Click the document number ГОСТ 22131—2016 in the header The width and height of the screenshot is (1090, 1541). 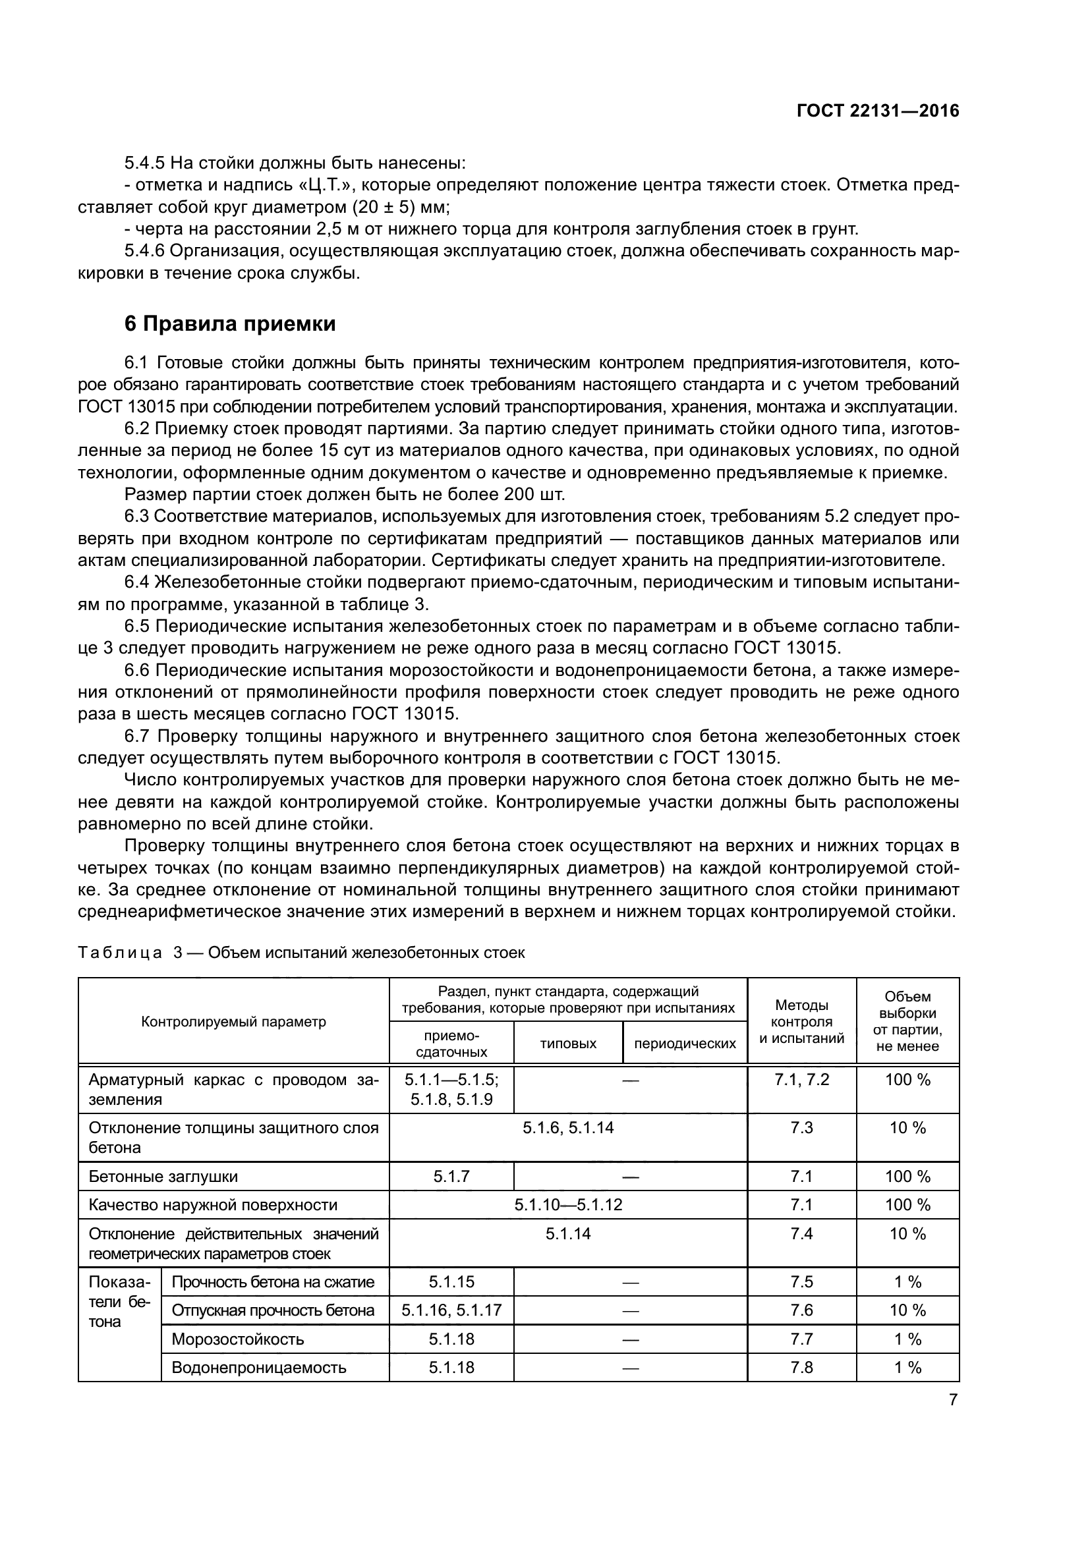point(877,111)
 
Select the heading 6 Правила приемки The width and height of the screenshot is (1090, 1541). point(229,323)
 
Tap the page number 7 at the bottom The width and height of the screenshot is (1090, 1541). point(953,1400)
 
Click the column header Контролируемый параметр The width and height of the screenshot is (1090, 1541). point(233,1022)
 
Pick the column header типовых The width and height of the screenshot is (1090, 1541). point(568,1044)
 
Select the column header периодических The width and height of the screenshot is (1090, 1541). point(685,1044)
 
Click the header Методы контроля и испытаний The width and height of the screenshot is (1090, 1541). point(801,1022)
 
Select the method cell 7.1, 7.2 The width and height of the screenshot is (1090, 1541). point(801,1080)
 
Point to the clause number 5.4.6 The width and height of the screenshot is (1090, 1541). point(144,251)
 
